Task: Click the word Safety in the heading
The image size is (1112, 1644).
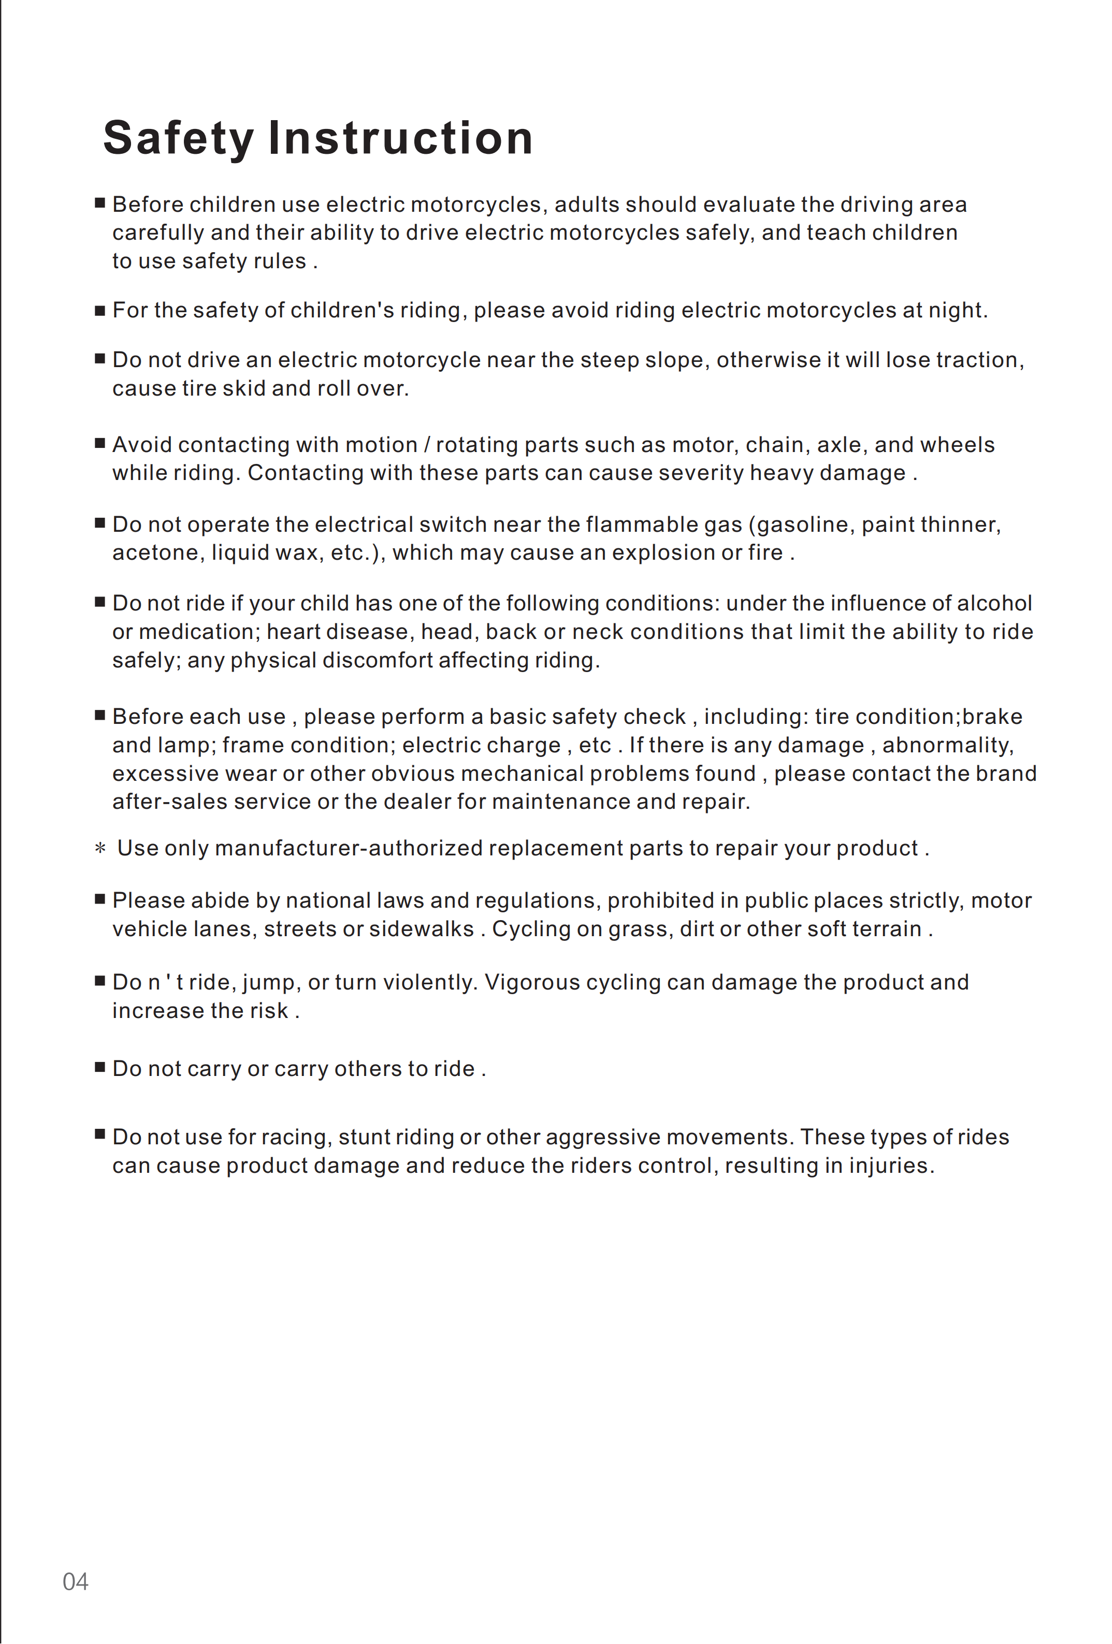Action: [178, 138]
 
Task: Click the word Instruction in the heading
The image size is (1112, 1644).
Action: [400, 138]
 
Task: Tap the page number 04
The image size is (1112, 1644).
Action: [76, 1581]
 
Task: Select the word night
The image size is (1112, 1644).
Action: [959, 311]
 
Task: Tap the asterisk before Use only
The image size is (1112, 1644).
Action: [100, 848]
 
